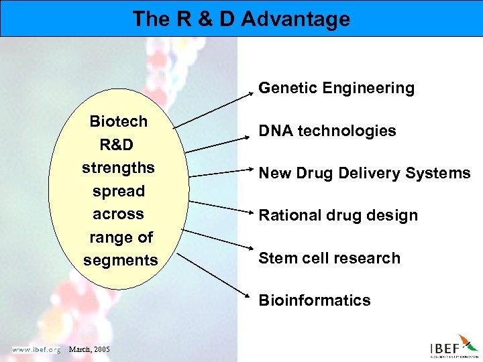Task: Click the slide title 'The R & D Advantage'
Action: (241, 19)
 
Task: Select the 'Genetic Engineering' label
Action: (336, 88)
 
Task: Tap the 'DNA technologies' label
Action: (327, 131)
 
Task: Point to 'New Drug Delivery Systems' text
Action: (364, 173)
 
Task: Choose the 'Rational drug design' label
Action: (338, 215)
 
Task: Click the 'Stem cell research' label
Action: (329, 258)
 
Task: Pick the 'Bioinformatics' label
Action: (314, 300)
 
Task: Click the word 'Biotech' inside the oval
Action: (119, 121)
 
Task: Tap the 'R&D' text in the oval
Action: (118, 145)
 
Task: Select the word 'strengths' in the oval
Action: (118, 168)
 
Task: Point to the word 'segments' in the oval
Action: (120, 260)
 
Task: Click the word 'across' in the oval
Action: (118, 214)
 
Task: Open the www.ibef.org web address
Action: (36, 349)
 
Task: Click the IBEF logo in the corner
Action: (453, 347)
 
